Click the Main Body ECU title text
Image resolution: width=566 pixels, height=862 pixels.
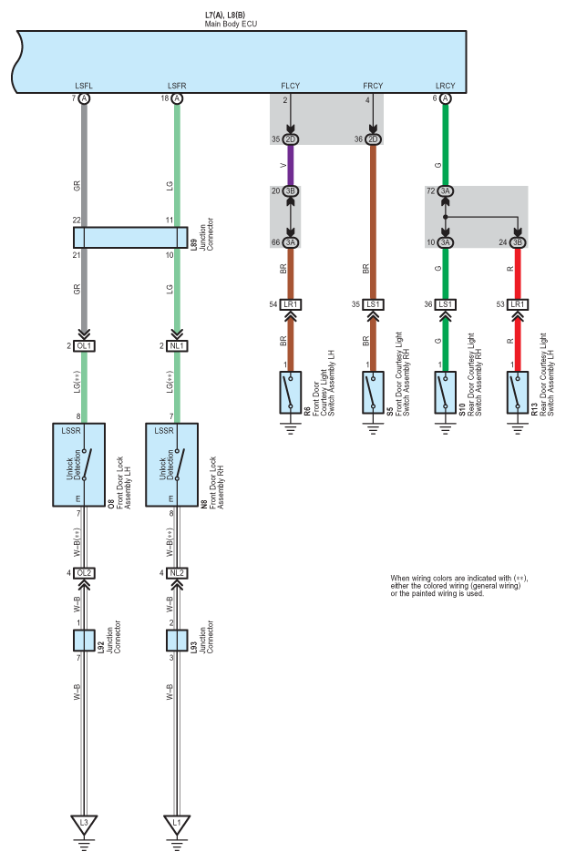click(x=231, y=25)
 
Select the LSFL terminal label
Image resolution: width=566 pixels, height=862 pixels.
click(x=84, y=86)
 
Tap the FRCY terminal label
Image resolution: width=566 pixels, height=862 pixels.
click(x=373, y=86)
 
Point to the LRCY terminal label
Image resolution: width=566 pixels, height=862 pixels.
click(x=445, y=86)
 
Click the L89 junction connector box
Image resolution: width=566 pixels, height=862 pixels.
click(x=130, y=238)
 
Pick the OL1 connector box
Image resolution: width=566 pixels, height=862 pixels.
click(x=84, y=345)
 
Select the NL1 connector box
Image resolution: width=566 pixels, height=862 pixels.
click(x=177, y=345)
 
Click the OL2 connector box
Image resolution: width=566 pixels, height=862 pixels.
click(x=84, y=573)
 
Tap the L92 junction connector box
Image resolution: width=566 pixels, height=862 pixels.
click(x=84, y=641)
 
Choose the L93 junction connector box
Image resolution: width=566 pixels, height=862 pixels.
click(x=177, y=641)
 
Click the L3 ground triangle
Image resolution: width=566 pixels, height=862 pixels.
click(x=84, y=824)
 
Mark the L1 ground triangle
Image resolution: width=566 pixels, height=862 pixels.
click(x=177, y=824)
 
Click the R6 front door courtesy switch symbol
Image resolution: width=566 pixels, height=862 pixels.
click(x=291, y=393)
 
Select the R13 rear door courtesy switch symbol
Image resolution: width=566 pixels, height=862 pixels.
click(x=518, y=393)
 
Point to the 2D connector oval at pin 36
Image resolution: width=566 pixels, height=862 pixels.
click(x=373, y=139)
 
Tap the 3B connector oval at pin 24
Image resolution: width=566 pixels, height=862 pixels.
click(x=518, y=242)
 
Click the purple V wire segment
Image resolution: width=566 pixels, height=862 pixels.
click(x=291, y=165)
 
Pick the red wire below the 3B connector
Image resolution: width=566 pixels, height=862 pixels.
click(x=518, y=273)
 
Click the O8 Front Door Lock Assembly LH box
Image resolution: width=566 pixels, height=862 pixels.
click(x=78, y=465)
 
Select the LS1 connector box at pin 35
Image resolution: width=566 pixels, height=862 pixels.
click(x=373, y=304)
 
